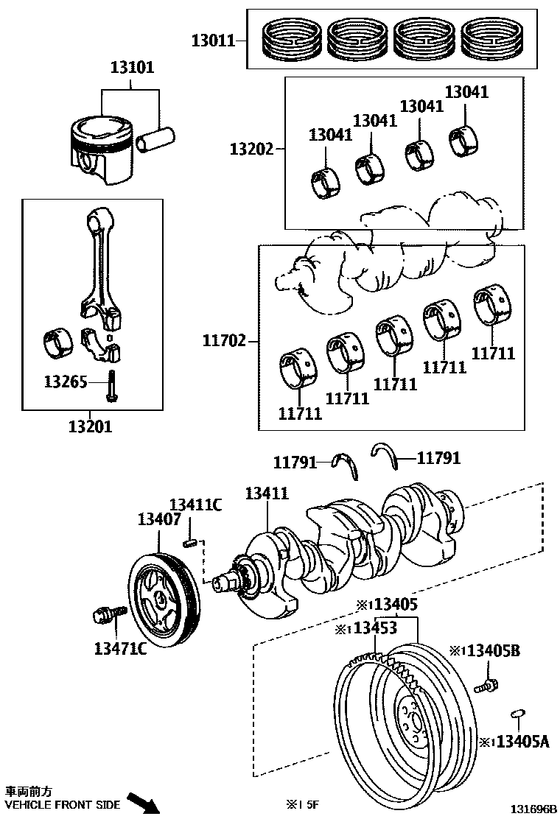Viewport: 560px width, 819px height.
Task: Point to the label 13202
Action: (251, 150)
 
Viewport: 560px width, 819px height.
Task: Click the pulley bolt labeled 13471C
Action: (105, 615)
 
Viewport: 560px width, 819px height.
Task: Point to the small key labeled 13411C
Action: (189, 544)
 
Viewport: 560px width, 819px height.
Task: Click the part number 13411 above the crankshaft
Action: (266, 494)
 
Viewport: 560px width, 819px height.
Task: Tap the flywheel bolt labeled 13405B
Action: (487, 686)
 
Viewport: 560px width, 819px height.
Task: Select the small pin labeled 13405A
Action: (517, 713)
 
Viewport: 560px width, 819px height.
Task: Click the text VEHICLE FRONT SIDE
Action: (63, 805)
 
